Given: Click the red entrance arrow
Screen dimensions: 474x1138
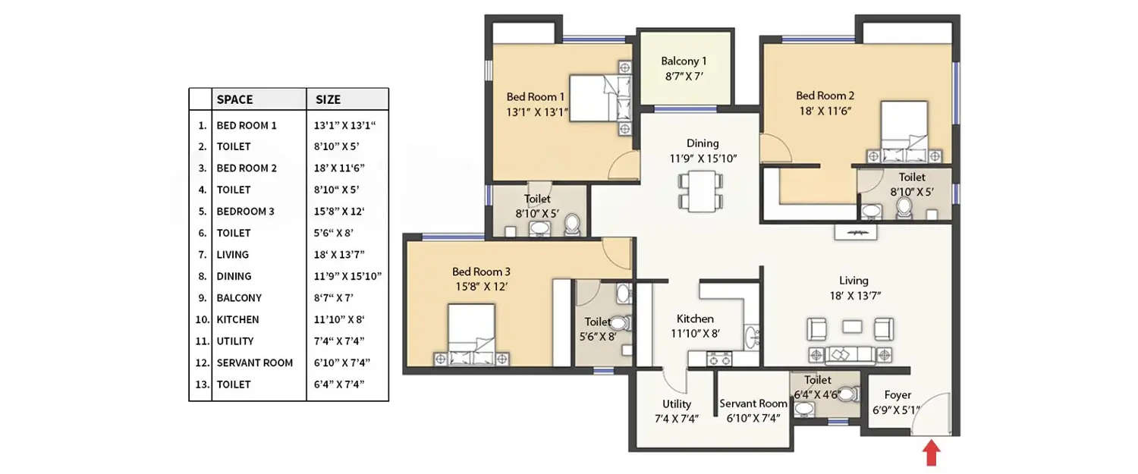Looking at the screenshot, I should coord(932,454).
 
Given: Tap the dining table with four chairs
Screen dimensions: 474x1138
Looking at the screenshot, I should coord(696,191).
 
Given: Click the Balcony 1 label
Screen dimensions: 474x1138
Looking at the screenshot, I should coord(684,61).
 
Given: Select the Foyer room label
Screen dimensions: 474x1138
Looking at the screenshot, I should coord(898,394).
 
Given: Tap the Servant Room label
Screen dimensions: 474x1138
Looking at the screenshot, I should coord(753,403).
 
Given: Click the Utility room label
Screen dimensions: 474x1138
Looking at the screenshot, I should coord(676,403).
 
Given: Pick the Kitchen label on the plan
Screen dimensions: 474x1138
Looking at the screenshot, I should coord(695,319).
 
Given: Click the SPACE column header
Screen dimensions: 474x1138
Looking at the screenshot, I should coord(234,99).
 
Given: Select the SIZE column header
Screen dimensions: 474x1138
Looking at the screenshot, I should coord(328,99).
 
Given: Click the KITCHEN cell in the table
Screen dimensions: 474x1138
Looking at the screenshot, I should coord(237,319).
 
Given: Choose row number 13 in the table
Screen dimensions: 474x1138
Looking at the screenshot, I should coord(201,385).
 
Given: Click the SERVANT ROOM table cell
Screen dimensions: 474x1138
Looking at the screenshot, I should coord(254,363).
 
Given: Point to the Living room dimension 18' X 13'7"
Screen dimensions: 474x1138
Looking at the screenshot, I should coord(853,296).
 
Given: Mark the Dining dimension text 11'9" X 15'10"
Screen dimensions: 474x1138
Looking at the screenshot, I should coord(703,159).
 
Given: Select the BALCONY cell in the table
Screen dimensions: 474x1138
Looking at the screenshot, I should coord(239,298).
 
